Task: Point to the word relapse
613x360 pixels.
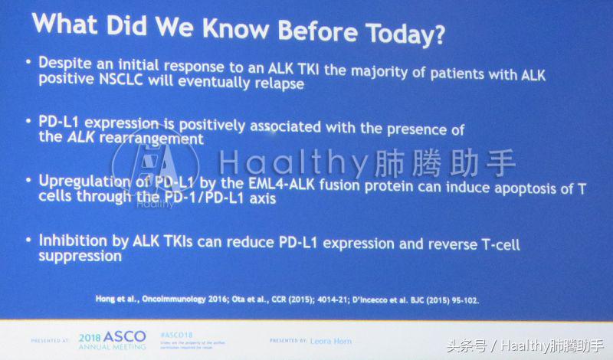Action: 280,85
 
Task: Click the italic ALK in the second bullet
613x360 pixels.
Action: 84,139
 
